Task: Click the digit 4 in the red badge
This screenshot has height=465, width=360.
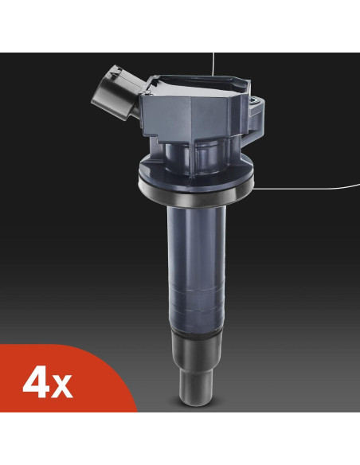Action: [x=37, y=385]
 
